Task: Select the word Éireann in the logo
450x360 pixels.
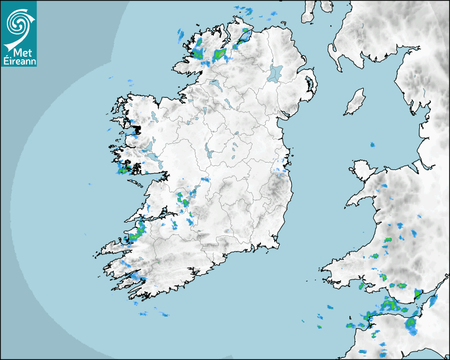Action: (19, 61)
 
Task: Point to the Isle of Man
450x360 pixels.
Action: (355, 102)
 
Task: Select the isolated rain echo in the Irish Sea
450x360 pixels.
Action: (372, 145)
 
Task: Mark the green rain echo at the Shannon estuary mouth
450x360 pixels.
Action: (139, 231)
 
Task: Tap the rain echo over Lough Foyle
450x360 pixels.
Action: (244, 37)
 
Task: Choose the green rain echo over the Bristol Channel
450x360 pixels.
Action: (391, 305)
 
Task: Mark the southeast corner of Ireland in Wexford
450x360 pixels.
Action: (276, 244)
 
